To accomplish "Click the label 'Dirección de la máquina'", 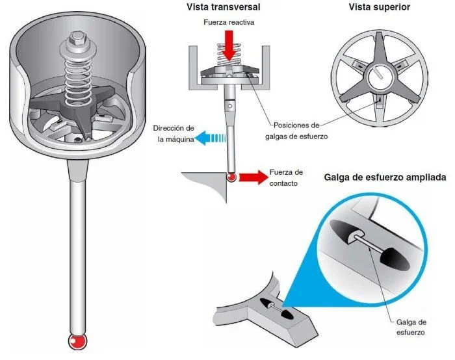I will click(173, 134).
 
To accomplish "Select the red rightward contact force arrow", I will click(250, 176).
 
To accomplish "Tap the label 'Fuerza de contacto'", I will click(286, 177).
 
